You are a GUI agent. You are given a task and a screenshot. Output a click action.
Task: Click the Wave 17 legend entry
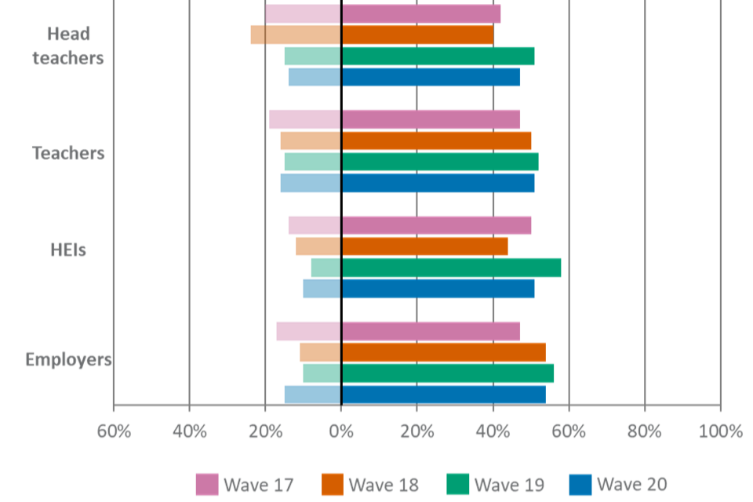click(245, 484)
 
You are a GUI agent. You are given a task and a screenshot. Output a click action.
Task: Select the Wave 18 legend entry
click(369, 484)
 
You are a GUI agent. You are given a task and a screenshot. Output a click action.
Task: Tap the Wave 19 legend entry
click(496, 484)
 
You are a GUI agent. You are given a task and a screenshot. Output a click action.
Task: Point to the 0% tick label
click(340, 431)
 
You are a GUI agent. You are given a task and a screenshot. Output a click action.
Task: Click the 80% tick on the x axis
click(644, 431)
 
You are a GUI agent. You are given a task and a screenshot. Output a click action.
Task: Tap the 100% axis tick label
click(719, 431)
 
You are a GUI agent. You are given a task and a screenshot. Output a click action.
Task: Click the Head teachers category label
click(68, 45)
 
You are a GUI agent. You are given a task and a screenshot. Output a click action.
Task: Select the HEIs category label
click(68, 250)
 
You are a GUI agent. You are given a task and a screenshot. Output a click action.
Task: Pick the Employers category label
click(68, 360)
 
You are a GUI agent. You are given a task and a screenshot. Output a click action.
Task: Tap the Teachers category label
click(68, 153)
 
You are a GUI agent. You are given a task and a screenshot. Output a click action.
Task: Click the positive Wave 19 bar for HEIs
click(451, 267)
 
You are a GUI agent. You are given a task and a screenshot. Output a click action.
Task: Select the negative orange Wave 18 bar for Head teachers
click(296, 35)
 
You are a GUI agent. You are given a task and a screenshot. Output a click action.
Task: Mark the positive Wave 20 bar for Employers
click(443, 394)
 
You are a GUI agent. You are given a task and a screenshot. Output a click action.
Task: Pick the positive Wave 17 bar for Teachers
click(431, 119)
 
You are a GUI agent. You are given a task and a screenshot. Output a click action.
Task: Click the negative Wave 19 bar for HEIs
click(326, 267)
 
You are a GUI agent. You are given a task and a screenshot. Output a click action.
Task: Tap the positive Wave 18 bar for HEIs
click(424, 246)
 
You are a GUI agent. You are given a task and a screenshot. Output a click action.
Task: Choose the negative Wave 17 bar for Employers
click(308, 331)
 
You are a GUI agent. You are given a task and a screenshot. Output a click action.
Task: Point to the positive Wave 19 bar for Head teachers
click(438, 56)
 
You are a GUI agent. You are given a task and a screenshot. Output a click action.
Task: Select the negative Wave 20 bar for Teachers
click(311, 183)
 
